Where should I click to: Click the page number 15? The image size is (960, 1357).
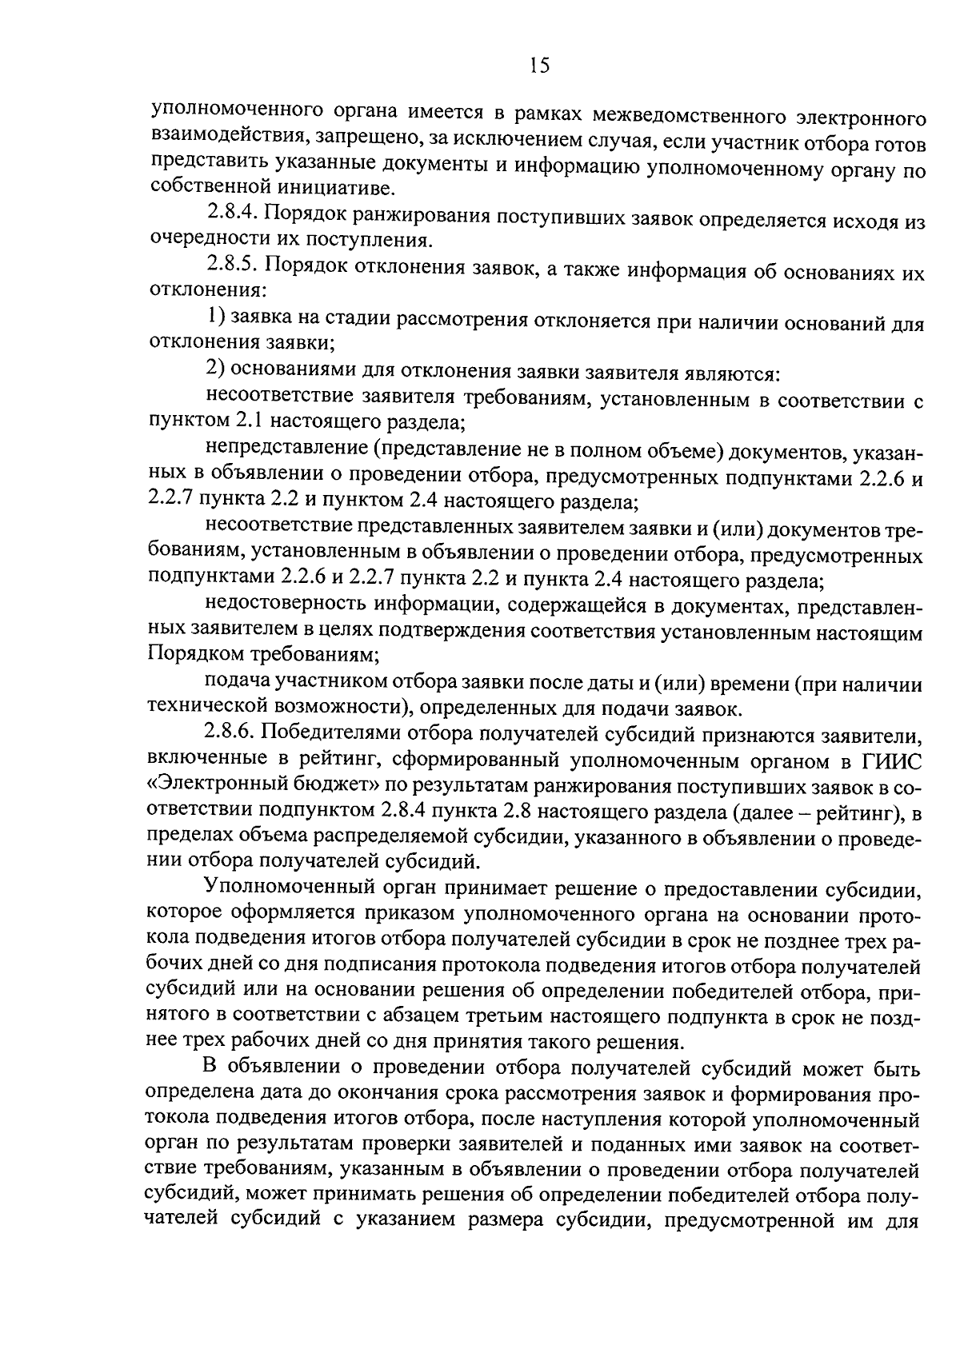tap(539, 66)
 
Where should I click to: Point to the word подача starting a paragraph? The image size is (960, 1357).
tap(238, 684)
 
